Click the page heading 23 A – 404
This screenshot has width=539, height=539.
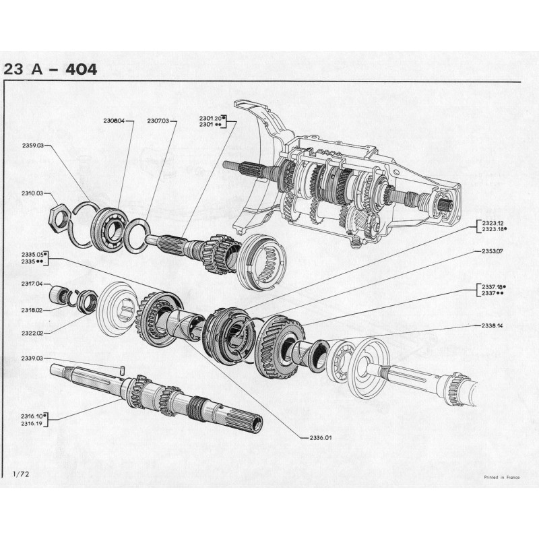tap(51, 69)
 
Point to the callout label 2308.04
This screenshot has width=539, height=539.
tap(115, 121)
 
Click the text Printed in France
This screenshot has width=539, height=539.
tap(501, 476)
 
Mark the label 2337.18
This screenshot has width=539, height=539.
tap(493, 286)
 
